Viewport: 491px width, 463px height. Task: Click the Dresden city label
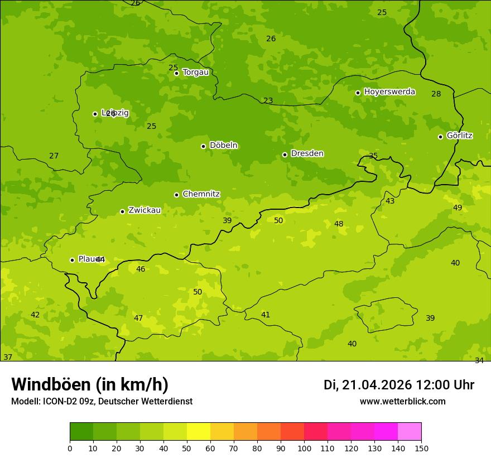coord(307,153)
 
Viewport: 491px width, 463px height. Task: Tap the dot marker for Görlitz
coord(440,137)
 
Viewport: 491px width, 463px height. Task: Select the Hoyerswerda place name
coord(389,92)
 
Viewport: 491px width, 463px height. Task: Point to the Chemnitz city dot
coord(176,195)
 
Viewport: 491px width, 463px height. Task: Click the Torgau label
coord(195,73)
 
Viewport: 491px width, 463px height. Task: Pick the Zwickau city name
coord(145,210)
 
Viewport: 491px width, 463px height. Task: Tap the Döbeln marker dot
coord(203,146)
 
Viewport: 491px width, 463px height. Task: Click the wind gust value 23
coord(268,101)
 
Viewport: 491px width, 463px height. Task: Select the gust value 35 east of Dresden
coord(373,156)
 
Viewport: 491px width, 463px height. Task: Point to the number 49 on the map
coord(458,208)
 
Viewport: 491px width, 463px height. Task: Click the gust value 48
coord(339,224)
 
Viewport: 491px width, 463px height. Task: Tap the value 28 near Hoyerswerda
coord(436,94)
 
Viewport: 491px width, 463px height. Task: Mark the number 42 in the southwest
coord(35,315)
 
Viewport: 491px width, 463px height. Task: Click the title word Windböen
coord(51,384)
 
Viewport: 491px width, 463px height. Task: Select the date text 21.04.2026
coord(377,385)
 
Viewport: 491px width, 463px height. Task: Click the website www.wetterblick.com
coord(402,401)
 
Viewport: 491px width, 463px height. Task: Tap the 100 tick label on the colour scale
coord(304,448)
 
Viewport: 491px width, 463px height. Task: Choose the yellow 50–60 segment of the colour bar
coord(199,432)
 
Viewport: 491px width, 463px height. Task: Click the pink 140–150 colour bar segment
coord(410,432)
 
